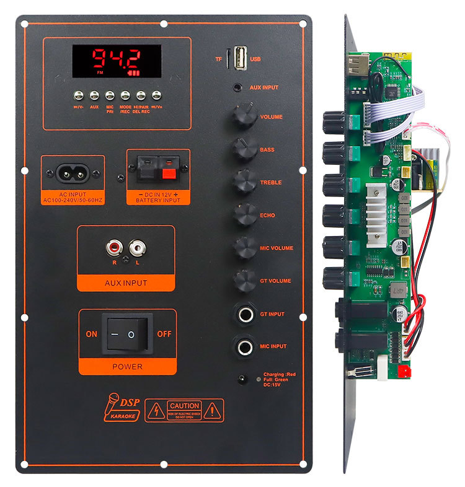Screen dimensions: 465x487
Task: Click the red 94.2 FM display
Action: [117, 61]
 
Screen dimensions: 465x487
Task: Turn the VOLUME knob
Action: [244, 116]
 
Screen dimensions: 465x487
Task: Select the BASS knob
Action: [244, 149]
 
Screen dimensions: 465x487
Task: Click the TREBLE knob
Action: [244, 182]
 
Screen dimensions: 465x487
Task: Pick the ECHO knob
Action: [244, 214]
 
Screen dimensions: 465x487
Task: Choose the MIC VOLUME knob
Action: [244, 247]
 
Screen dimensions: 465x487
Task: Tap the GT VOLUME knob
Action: [244, 280]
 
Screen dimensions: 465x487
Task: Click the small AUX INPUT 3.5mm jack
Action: [238, 88]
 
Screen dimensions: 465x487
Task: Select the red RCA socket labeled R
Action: [114, 249]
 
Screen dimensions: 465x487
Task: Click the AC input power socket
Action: [73, 173]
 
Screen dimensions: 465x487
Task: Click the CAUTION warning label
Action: [184, 410]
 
